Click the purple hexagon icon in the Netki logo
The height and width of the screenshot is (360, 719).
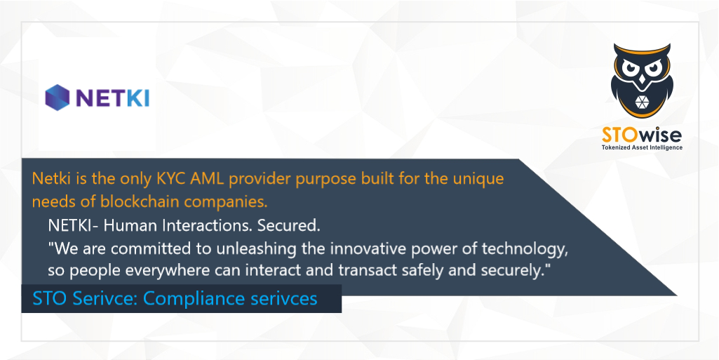(57, 97)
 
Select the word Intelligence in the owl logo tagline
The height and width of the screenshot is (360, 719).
(667, 147)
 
